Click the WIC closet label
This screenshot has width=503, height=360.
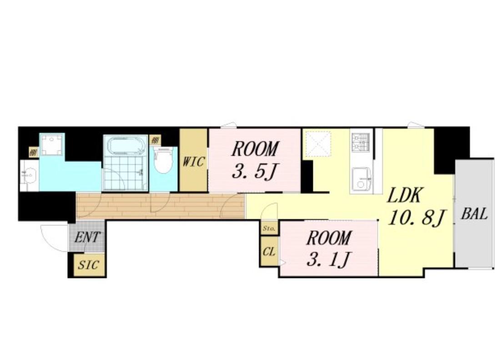pyautogui.click(x=193, y=161)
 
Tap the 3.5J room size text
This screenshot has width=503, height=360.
pyautogui.click(x=254, y=172)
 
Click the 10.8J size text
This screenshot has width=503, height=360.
pyautogui.click(x=416, y=218)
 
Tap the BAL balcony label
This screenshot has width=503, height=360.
pyautogui.click(x=474, y=214)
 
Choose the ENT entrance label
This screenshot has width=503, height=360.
pyautogui.click(x=87, y=238)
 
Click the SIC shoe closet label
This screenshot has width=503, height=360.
pyautogui.click(x=89, y=265)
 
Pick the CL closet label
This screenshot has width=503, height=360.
pyautogui.click(x=269, y=252)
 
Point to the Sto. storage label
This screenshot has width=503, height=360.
pyautogui.click(x=269, y=229)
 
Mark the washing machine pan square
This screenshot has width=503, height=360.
pyautogui.click(x=52, y=145)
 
